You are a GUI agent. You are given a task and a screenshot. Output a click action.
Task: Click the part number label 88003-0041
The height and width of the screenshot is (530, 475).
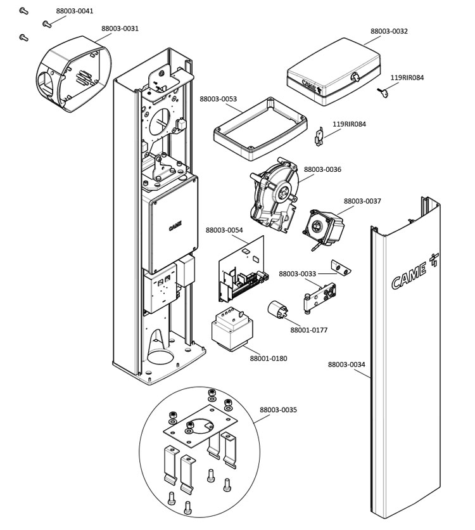pyautogui.click(x=74, y=11)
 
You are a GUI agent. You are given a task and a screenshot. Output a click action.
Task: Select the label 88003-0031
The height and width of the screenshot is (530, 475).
pyautogui.click(x=120, y=29)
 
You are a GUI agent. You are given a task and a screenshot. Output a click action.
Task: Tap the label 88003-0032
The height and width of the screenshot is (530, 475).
pyautogui.click(x=389, y=30)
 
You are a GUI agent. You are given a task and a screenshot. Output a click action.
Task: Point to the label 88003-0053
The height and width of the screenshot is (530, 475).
pyautogui.click(x=218, y=99)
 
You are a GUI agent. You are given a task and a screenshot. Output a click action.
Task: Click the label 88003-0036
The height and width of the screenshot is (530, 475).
pyautogui.click(x=322, y=170)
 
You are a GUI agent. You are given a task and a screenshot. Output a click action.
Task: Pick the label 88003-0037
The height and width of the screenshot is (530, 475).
pyautogui.click(x=362, y=201)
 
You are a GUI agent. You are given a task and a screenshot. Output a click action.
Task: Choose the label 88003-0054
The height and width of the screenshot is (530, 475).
pyautogui.click(x=224, y=229)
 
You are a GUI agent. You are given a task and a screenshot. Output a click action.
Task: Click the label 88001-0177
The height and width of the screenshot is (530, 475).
pyautogui.click(x=309, y=330)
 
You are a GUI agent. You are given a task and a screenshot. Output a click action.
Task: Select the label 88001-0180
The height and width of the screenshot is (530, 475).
pyautogui.click(x=268, y=358)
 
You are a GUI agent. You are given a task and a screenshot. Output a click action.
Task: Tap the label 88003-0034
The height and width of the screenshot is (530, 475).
pyautogui.click(x=346, y=365)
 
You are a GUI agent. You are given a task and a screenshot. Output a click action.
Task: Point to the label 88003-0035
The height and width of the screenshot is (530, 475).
pyautogui.click(x=278, y=410)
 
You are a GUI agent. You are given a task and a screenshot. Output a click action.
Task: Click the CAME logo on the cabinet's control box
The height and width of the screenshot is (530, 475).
pyautogui.click(x=175, y=226)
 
